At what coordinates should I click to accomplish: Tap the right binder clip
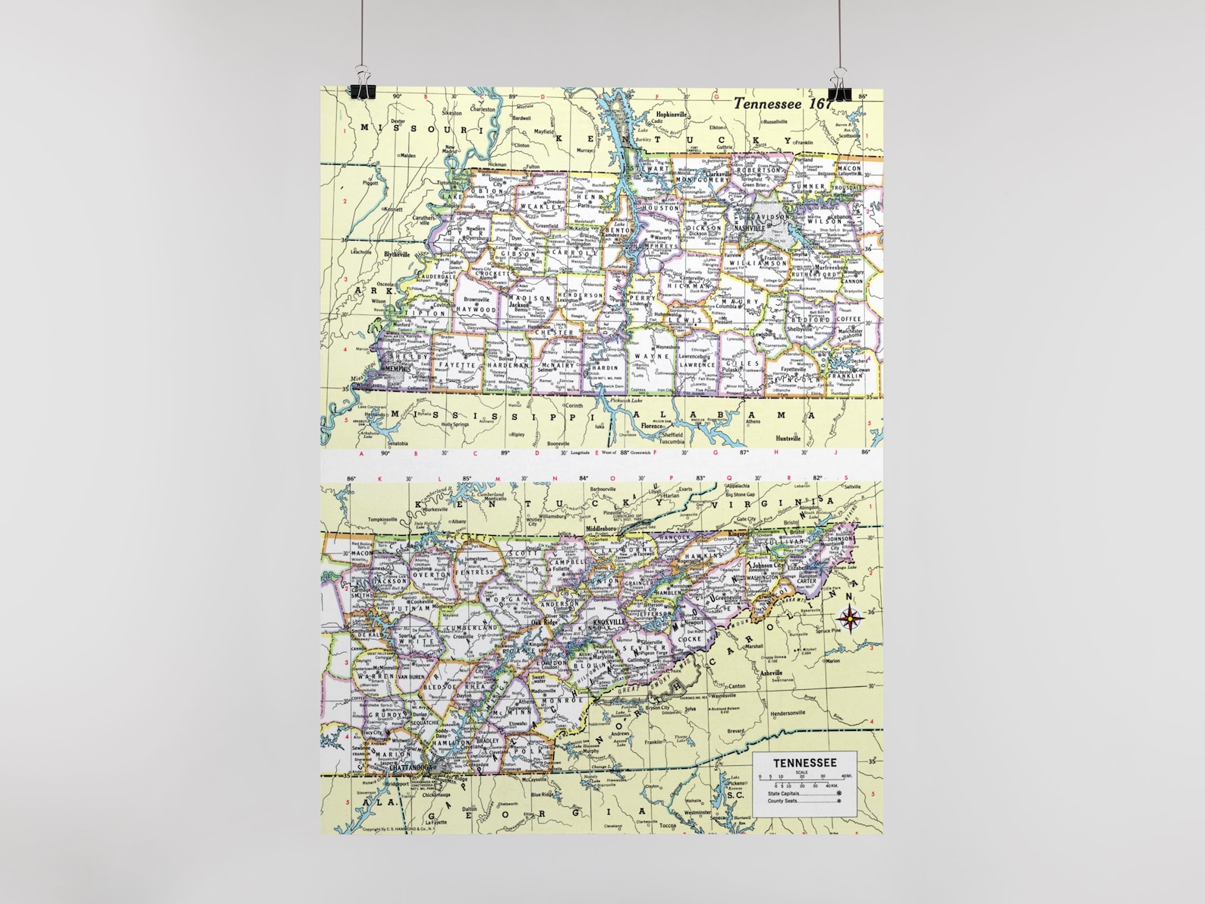pos(840,84)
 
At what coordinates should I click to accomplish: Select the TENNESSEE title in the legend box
pos(804,763)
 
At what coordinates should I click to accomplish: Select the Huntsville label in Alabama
pos(788,439)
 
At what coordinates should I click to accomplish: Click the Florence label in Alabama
pos(652,427)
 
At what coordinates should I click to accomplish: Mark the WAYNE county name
pos(651,356)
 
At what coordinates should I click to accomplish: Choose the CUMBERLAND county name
pos(477,628)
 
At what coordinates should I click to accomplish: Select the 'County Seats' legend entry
pos(783,801)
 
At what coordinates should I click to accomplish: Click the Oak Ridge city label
pos(545,622)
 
